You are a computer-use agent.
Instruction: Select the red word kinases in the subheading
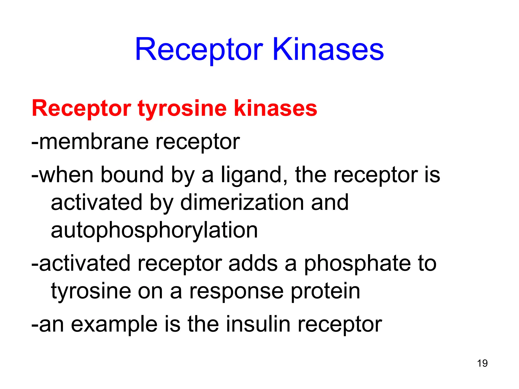pos(275,108)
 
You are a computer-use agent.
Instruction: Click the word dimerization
pos(242,202)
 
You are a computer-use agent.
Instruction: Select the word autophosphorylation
pos(154,230)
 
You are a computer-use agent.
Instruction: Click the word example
pos(114,325)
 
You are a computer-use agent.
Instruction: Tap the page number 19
pos(482,363)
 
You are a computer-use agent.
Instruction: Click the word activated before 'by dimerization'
pos(96,202)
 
